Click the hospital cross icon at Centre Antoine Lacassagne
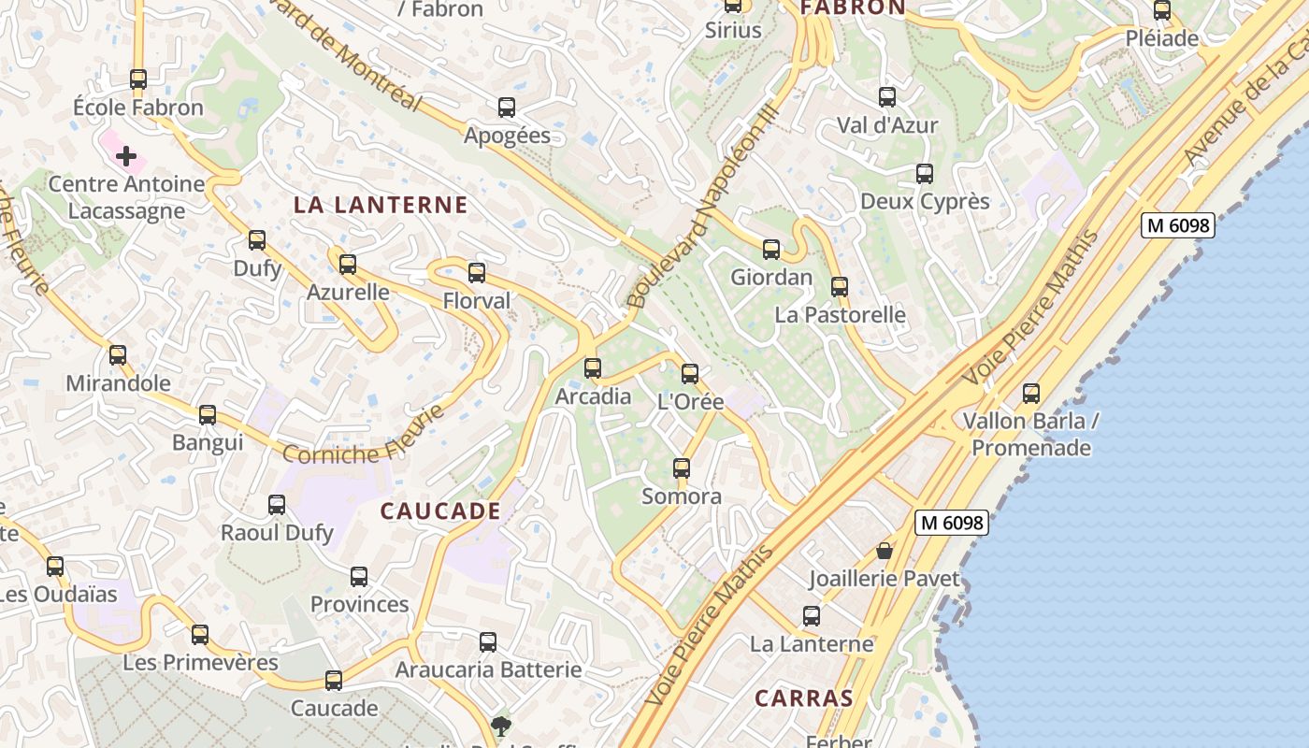tap(126, 156)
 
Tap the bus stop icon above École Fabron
tap(138, 79)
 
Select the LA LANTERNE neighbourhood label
tap(381, 206)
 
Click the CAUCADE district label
tap(440, 511)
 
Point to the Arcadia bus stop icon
tap(593, 368)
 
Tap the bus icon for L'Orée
tap(690, 374)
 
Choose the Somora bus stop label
tap(682, 496)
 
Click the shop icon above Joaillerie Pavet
tap(885, 551)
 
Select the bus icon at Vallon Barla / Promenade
tap(1031, 394)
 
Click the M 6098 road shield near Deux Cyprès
tap(1178, 225)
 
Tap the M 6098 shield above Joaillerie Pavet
tap(952, 524)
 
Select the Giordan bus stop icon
tap(771, 250)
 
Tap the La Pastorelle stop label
tap(840, 315)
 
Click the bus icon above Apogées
tap(507, 108)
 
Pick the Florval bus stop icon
tap(477, 273)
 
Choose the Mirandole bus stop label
tap(118, 383)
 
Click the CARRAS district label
tap(804, 698)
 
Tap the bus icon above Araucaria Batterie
tap(488, 642)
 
